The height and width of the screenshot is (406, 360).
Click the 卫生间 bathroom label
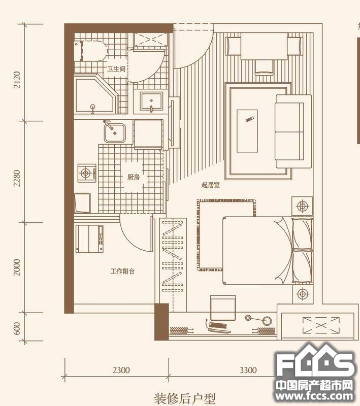(x=116, y=69)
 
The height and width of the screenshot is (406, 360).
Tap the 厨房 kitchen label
(x=134, y=177)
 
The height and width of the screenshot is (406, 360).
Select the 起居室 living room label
(x=211, y=185)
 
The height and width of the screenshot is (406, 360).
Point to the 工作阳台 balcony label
(x=122, y=271)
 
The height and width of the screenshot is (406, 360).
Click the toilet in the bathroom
(x=91, y=50)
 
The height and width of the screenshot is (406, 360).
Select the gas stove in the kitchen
(x=87, y=173)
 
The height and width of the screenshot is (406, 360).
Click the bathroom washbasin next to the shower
(x=151, y=102)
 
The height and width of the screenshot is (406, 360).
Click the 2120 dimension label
(x=17, y=80)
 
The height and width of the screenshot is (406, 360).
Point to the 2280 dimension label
(x=17, y=178)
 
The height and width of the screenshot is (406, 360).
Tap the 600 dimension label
(x=17, y=328)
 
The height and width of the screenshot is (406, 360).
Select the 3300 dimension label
(x=248, y=370)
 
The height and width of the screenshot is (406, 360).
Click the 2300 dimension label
(x=121, y=370)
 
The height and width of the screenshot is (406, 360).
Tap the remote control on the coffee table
(x=250, y=119)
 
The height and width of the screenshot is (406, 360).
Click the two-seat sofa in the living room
(x=293, y=131)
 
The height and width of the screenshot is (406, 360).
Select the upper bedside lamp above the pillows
(x=302, y=207)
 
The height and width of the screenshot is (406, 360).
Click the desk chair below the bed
(x=223, y=309)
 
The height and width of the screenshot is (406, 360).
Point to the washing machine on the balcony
(x=89, y=239)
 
